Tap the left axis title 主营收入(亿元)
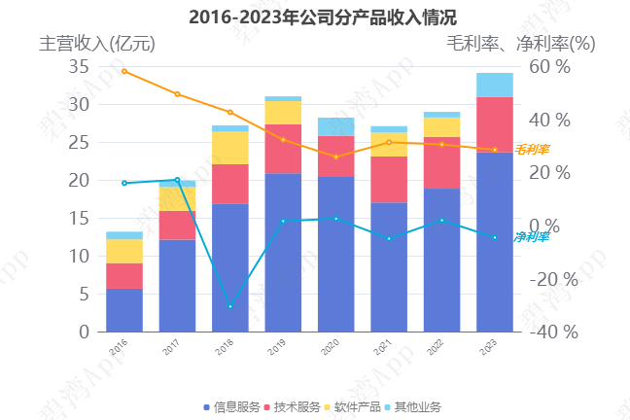point(96,44)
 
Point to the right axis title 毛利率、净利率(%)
point(520,44)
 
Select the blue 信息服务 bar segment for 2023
point(494,243)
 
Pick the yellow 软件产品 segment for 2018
point(229,148)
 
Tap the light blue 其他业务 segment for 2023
point(494,85)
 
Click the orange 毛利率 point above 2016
point(123,71)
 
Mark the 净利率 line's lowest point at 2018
point(229,307)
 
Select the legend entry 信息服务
point(231,406)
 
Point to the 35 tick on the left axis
point(79,67)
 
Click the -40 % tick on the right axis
point(553,332)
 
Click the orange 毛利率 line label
point(532,150)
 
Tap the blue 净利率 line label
point(532,237)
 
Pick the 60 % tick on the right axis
point(549,67)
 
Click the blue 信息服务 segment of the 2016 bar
point(123,310)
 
